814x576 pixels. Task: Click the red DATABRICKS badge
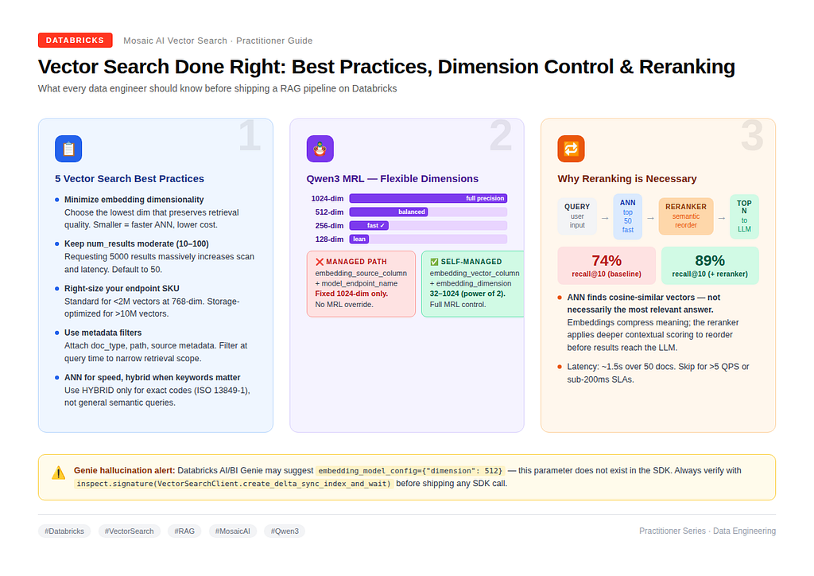click(76, 40)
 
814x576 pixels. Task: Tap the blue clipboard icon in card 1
click(68, 149)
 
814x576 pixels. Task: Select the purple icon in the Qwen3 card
click(320, 149)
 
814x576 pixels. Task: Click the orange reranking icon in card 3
click(571, 149)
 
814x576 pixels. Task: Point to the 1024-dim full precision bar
click(428, 198)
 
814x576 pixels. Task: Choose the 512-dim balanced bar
click(389, 212)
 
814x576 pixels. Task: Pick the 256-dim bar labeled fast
click(369, 225)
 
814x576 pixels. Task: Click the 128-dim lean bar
click(359, 239)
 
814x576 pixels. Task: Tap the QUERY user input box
click(577, 216)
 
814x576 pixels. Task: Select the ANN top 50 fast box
click(628, 216)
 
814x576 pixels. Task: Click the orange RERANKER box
click(686, 216)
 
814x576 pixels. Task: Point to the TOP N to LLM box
click(744, 216)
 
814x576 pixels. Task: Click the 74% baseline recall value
click(607, 260)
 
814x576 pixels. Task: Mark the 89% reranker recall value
click(710, 260)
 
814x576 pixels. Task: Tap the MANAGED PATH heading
click(351, 262)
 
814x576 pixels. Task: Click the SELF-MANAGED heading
click(466, 262)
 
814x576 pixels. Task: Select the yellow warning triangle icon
click(59, 473)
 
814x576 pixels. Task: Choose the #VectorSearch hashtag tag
click(130, 531)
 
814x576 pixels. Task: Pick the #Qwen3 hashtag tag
click(285, 531)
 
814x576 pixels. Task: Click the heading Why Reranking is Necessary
click(627, 179)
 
